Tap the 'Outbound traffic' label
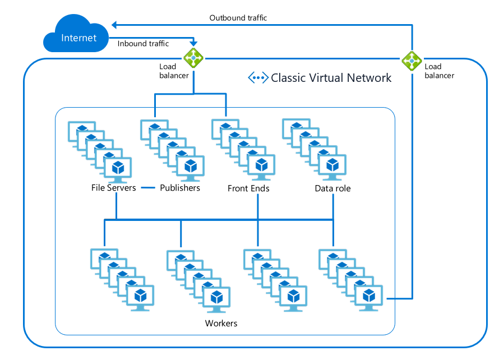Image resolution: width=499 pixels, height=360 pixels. click(x=238, y=18)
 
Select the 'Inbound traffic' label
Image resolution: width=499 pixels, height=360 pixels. click(x=143, y=43)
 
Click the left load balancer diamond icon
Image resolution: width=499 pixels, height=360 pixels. click(x=193, y=57)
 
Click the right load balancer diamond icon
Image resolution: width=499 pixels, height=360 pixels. click(x=412, y=60)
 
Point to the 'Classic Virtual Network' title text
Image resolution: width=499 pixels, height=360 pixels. click(x=331, y=78)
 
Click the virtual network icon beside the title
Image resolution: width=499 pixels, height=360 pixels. click(x=258, y=78)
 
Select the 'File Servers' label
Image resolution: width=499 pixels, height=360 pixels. click(x=113, y=188)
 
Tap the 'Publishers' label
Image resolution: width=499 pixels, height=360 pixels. click(x=180, y=188)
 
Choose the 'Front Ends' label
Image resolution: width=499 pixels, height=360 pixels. click(x=248, y=188)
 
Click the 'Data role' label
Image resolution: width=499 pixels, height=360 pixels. click(x=332, y=188)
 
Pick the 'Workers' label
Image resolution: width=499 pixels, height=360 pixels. click(x=221, y=324)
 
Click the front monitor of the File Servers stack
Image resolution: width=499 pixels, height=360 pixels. click(x=118, y=168)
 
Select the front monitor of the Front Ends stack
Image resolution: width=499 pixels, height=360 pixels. click(x=261, y=167)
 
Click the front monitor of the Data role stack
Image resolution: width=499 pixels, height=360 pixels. click(x=332, y=166)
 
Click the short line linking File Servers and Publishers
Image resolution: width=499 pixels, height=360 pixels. click(x=148, y=188)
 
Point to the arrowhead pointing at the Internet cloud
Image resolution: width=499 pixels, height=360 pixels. click(x=114, y=25)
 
